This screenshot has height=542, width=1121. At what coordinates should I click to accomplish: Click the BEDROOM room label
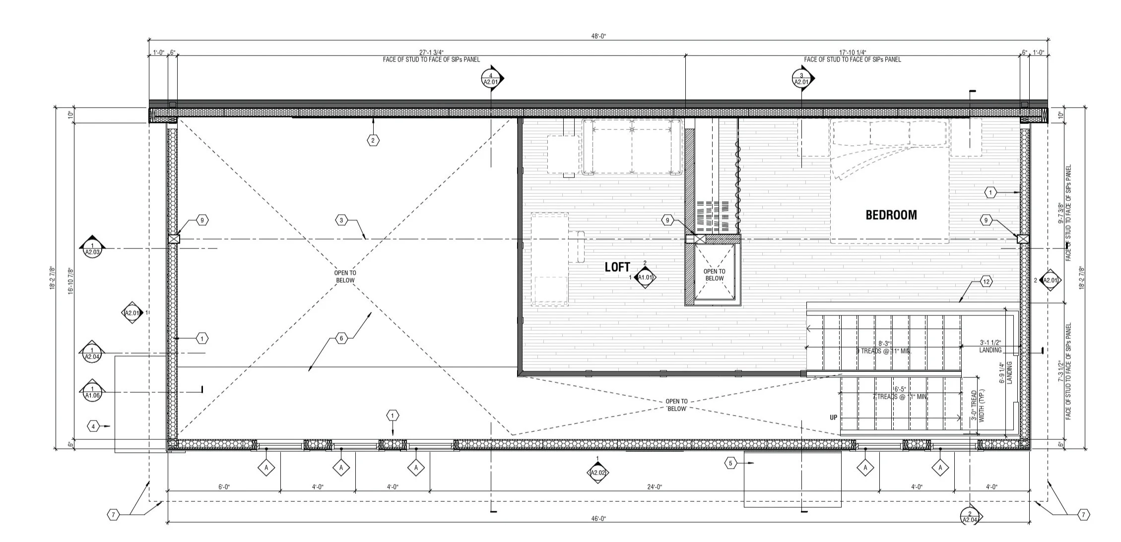(891, 215)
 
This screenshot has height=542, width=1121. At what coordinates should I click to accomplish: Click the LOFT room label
(617, 267)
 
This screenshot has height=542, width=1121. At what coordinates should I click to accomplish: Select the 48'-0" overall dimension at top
(598, 36)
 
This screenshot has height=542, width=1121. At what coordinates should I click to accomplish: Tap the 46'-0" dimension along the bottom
(598, 519)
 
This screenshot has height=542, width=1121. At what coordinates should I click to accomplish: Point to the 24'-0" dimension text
(654, 487)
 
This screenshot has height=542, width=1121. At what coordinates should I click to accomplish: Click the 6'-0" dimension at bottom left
(224, 487)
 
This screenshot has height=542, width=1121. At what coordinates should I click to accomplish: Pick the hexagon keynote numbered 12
(986, 282)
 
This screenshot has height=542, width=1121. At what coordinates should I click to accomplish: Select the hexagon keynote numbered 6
(341, 339)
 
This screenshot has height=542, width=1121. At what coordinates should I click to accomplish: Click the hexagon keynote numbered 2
(373, 140)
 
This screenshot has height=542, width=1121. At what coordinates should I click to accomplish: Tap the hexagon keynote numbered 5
(730, 464)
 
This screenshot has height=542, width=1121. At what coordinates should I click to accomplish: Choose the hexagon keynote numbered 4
(93, 426)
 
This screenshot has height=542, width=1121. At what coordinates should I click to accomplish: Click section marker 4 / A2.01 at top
(490, 79)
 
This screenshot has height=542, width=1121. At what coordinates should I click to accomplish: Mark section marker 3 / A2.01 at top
(801, 79)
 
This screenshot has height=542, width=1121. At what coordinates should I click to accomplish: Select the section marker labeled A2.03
(92, 248)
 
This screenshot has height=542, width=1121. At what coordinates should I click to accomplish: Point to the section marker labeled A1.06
(92, 392)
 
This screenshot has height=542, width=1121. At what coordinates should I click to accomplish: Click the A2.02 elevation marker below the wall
(597, 472)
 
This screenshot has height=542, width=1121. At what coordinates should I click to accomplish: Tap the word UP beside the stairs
(833, 418)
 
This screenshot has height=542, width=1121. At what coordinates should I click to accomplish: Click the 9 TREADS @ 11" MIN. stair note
(884, 351)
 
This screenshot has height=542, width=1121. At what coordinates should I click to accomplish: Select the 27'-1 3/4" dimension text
(431, 52)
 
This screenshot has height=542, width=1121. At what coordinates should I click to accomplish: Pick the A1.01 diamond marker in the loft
(645, 278)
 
